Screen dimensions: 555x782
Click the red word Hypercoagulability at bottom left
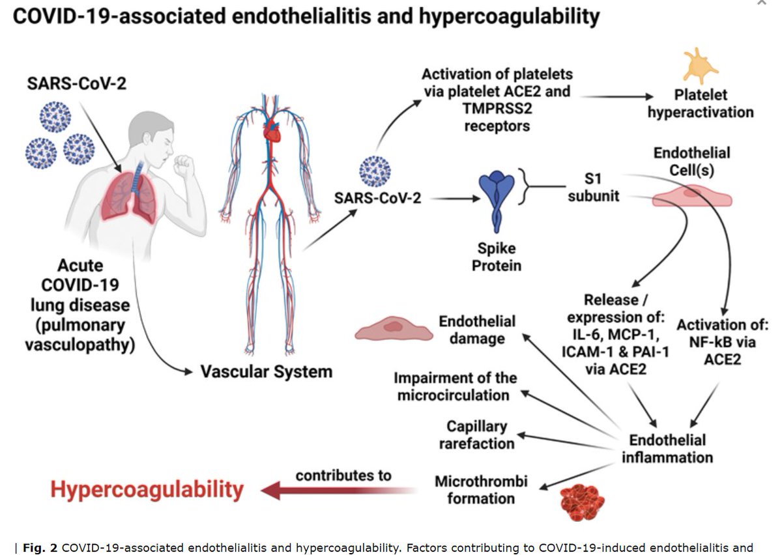click(x=147, y=490)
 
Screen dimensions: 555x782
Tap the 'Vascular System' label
click(x=266, y=372)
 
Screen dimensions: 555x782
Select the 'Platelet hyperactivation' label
click(x=701, y=103)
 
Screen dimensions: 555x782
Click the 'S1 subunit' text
click(x=593, y=186)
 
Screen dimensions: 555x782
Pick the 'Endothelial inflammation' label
click(x=667, y=448)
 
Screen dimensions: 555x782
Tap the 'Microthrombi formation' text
click(x=481, y=491)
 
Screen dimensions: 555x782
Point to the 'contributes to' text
click(x=343, y=475)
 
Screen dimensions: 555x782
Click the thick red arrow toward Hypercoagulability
click(x=338, y=490)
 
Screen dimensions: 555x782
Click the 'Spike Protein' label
click(x=498, y=257)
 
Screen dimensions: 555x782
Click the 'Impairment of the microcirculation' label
click(x=455, y=386)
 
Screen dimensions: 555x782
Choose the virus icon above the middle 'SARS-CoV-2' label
click(x=375, y=171)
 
